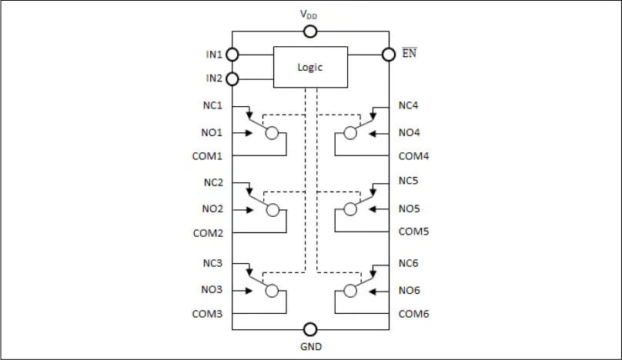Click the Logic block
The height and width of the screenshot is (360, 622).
click(x=310, y=67)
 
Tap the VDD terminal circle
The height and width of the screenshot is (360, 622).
click(x=309, y=32)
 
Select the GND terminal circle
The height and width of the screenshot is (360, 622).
click(x=309, y=329)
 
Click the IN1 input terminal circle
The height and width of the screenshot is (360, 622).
click(x=232, y=55)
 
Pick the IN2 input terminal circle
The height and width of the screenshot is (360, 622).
click(x=232, y=79)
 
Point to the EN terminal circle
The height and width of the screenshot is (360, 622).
click(x=389, y=55)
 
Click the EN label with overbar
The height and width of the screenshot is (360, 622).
click(x=410, y=53)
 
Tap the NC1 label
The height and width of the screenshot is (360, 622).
click(x=212, y=105)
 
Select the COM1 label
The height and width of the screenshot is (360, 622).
click(x=207, y=156)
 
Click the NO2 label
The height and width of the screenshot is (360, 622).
click(x=212, y=208)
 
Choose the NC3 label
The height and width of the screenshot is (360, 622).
click(x=212, y=263)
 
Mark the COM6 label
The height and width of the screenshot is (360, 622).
click(x=413, y=314)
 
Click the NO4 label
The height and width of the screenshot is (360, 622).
click(x=409, y=132)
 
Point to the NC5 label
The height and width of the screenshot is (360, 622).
click(x=408, y=181)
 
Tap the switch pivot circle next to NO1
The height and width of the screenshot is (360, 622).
click(x=272, y=133)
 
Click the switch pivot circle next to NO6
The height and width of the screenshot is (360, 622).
click(x=349, y=291)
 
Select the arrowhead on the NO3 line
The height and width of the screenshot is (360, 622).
click(x=249, y=291)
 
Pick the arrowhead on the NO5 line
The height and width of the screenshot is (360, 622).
click(x=372, y=209)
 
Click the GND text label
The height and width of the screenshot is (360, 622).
click(x=311, y=346)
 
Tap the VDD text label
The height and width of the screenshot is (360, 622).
click(x=309, y=15)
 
